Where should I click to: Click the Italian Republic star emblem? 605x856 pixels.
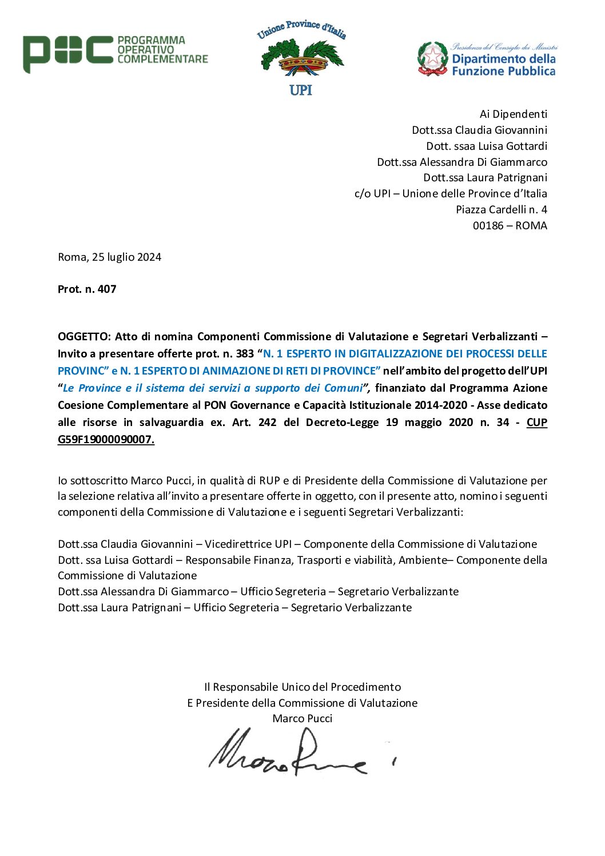coord(433,58)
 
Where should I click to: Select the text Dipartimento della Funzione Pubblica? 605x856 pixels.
coord(503,65)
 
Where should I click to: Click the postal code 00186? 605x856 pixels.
coord(488,225)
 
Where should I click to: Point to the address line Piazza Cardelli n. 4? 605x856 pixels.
coord(501,209)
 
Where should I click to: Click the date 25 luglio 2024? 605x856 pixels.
coord(126,257)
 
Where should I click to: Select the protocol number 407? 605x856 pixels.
coord(107,289)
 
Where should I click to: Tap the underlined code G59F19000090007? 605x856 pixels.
coord(106,439)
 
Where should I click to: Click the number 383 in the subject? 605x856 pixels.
coord(245,353)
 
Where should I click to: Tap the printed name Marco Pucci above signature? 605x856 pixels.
coord(302,718)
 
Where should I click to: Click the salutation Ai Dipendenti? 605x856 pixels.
coord(513,114)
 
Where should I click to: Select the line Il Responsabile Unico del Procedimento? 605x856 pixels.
coord(302,687)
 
